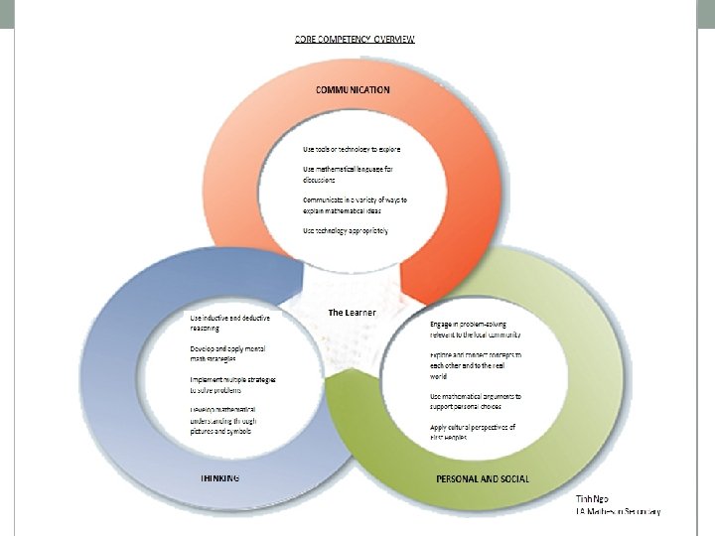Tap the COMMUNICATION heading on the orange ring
353,89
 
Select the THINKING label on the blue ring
219,477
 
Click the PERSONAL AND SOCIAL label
483,478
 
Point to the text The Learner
352,313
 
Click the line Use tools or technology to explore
352,150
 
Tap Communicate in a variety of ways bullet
355,205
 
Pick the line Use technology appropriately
345,230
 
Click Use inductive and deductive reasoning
229,323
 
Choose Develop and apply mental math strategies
227,353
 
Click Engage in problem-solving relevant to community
476,330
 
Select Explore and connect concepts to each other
476,364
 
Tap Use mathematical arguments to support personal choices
476,401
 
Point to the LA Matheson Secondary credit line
618,511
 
